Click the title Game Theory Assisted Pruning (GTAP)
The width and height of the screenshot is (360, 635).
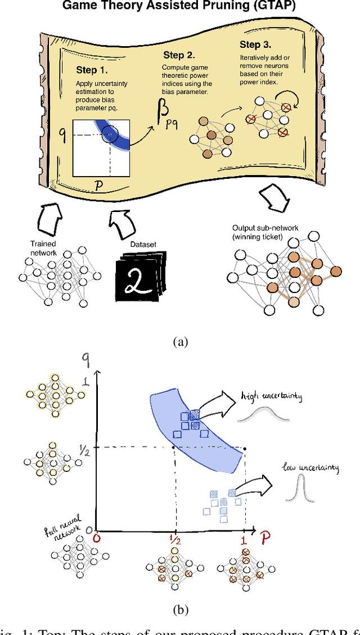point(180,6)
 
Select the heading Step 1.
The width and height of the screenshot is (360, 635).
point(92,70)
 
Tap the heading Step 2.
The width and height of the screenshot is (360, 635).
point(179,55)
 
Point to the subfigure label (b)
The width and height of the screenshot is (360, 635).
point(180,609)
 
